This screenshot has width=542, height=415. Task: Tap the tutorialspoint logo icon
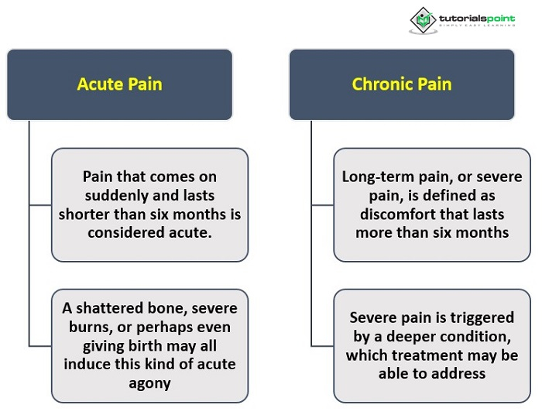click(422, 20)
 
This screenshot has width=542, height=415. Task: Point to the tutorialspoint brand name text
click(474, 17)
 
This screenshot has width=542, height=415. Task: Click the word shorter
click(84, 214)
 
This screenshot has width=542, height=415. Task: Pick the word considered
click(124, 233)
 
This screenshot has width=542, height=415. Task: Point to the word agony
click(149, 382)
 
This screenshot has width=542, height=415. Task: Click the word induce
click(85, 364)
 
